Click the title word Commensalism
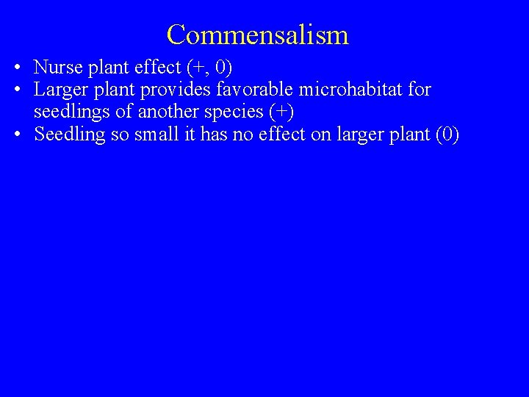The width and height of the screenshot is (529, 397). tap(257, 35)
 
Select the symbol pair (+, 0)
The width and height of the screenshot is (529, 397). tap(209, 68)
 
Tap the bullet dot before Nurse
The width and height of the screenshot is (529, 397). tap(15, 68)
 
